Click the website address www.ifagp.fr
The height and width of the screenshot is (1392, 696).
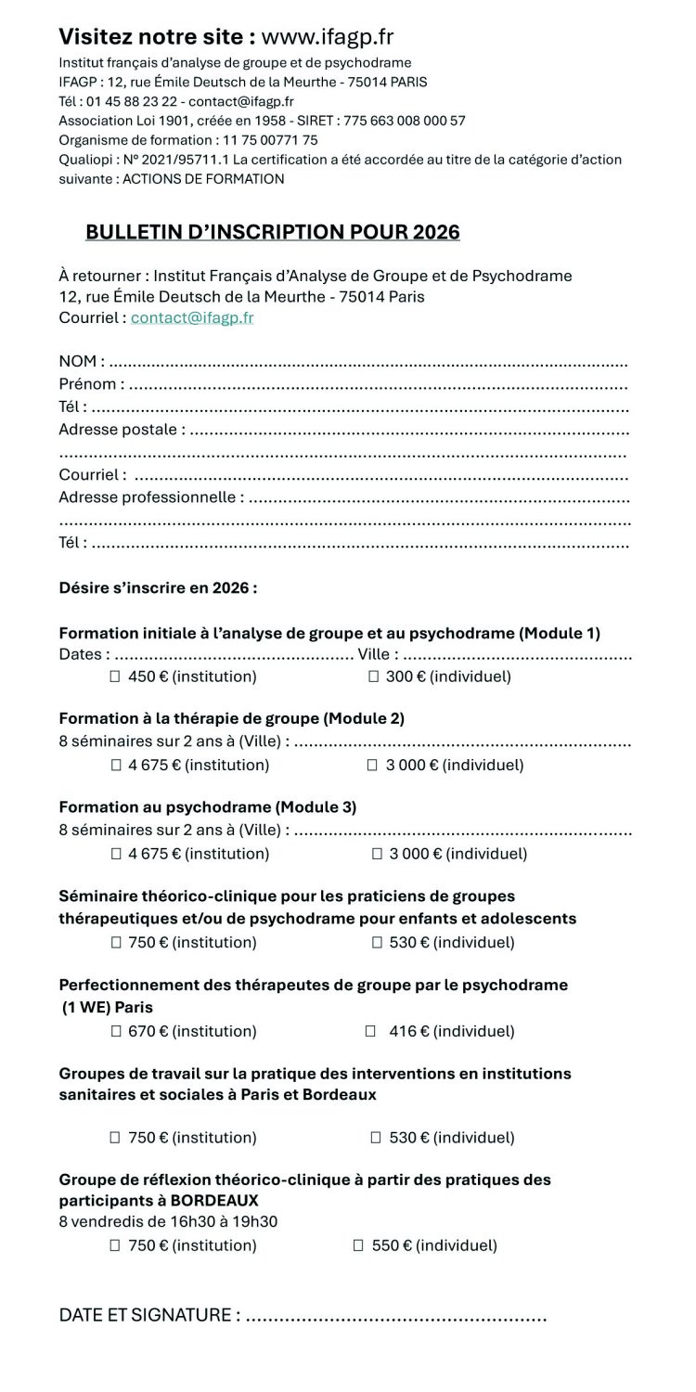[328, 37]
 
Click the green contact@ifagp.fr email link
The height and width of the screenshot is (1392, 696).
[192, 317]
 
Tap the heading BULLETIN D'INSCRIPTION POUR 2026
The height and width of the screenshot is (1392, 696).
[272, 232]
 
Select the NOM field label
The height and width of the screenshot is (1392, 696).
[81, 361]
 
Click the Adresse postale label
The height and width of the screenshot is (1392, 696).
[121, 429]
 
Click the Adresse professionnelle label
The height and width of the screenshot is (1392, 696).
[150, 496]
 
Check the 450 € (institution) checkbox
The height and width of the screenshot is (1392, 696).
[116, 677]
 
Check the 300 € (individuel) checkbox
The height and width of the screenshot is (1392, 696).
[374, 677]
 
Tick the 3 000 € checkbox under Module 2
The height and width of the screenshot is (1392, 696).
[373, 766]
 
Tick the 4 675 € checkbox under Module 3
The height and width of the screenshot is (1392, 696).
[116, 854]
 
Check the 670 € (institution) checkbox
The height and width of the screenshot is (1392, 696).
[116, 1031]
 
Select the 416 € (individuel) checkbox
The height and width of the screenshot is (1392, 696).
[370, 1031]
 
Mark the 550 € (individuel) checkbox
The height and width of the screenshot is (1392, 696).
[358, 1245]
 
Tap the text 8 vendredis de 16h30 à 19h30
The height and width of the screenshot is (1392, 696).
[168, 1222]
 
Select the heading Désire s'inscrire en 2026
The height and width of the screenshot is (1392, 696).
[158, 588]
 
